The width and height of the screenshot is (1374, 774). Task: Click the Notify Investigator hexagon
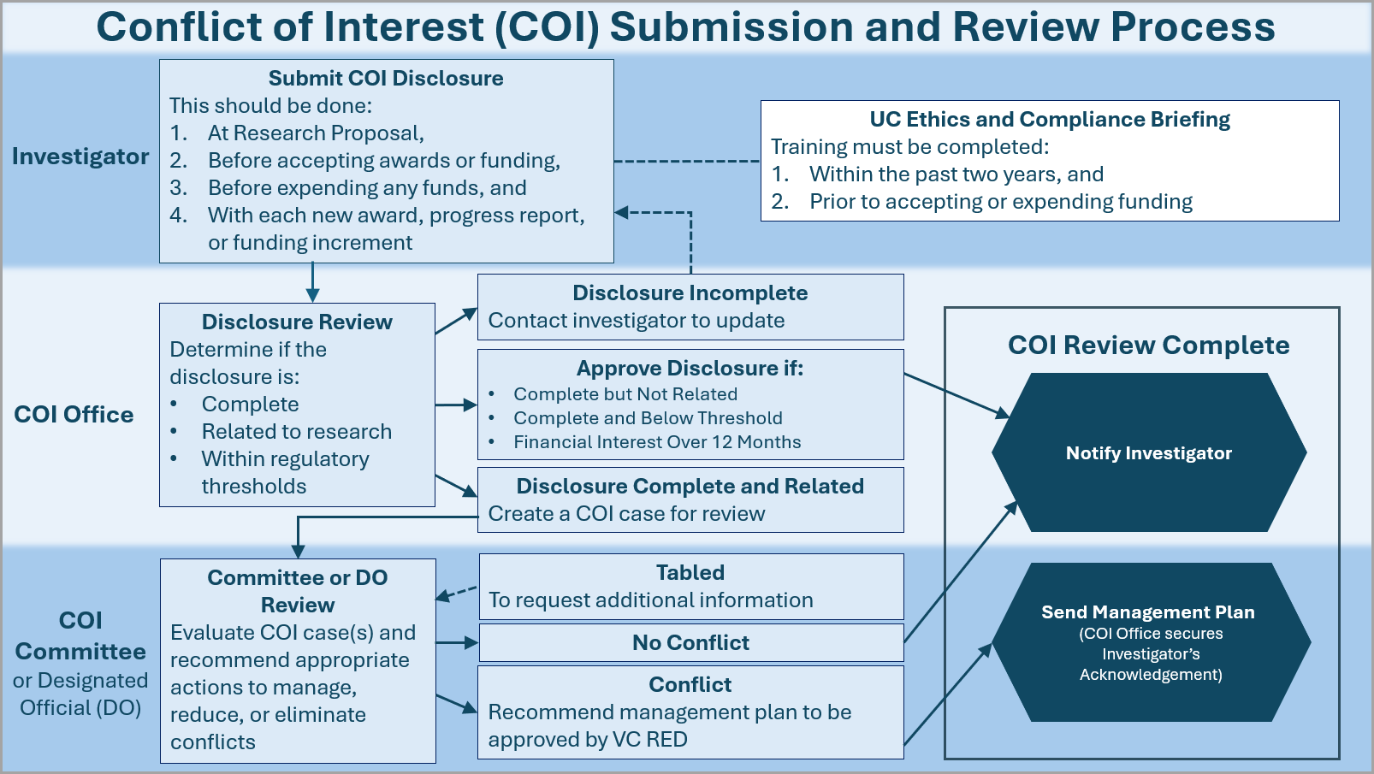coord(1148,452)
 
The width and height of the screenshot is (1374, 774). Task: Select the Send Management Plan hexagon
coord(1148,641)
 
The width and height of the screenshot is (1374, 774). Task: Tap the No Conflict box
coord(690,642)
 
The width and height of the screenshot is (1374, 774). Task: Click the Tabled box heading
coord(690,573)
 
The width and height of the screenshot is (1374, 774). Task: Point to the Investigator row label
coord(80,157)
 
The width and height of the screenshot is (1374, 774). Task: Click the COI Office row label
coord(74,415)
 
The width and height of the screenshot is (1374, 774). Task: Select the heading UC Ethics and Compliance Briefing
coord(1050,120)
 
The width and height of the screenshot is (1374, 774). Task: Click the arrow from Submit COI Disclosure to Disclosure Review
coord(312,282)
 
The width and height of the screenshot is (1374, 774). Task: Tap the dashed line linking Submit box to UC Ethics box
coord(686,161)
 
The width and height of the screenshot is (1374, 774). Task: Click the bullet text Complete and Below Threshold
coord(648,418)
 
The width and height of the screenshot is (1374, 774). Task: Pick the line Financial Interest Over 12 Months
coord(657,442)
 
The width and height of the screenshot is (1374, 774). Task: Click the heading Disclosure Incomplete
coord(690,293)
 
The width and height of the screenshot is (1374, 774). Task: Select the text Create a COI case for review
coord(626,514)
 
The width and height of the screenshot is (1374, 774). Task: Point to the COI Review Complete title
coord(1148,346)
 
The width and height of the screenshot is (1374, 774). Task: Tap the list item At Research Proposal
coord(316,133)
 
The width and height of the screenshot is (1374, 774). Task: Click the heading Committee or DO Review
coord(298,591)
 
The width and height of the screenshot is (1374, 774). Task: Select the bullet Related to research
coord(296,432)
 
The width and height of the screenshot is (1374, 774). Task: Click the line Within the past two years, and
coord(956,174)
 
